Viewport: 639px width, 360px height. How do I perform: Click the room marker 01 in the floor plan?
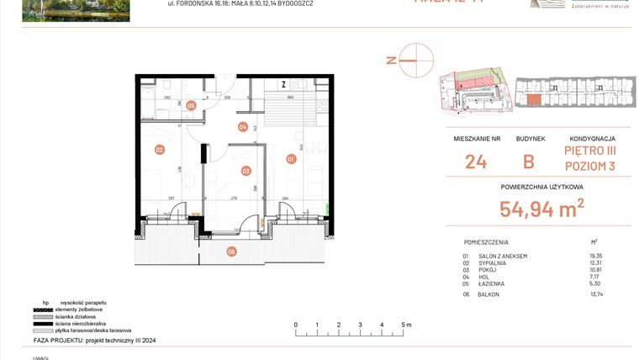pos(292,158)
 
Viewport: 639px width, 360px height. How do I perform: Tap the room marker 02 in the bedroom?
pos(159,150)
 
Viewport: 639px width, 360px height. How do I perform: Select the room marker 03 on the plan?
pos(246,171)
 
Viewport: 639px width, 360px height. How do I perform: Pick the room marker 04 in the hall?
pos(243,128)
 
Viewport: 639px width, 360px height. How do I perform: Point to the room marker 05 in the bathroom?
pos(191,106)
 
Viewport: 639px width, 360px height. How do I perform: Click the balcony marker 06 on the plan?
pos(232,250)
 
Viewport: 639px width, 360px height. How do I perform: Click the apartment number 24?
pos(475,161)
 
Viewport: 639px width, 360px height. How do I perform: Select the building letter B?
pos(528,161)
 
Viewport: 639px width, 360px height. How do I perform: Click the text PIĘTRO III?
pos(589,151)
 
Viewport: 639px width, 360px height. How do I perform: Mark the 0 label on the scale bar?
pos(295,324)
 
